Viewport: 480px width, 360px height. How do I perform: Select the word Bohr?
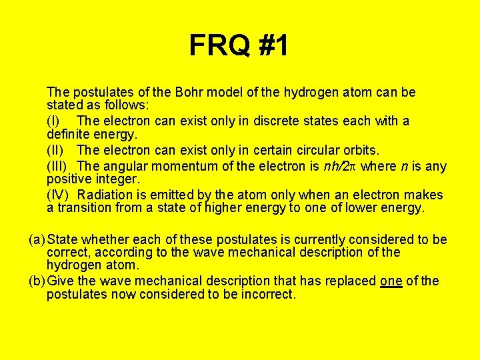click(x=183, y=92)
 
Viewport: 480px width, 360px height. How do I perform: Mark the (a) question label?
click(x=37, y=239)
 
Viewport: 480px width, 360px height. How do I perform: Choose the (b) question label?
click(x=37, y=281)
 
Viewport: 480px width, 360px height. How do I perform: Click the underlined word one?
click(x=391, y=281)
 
